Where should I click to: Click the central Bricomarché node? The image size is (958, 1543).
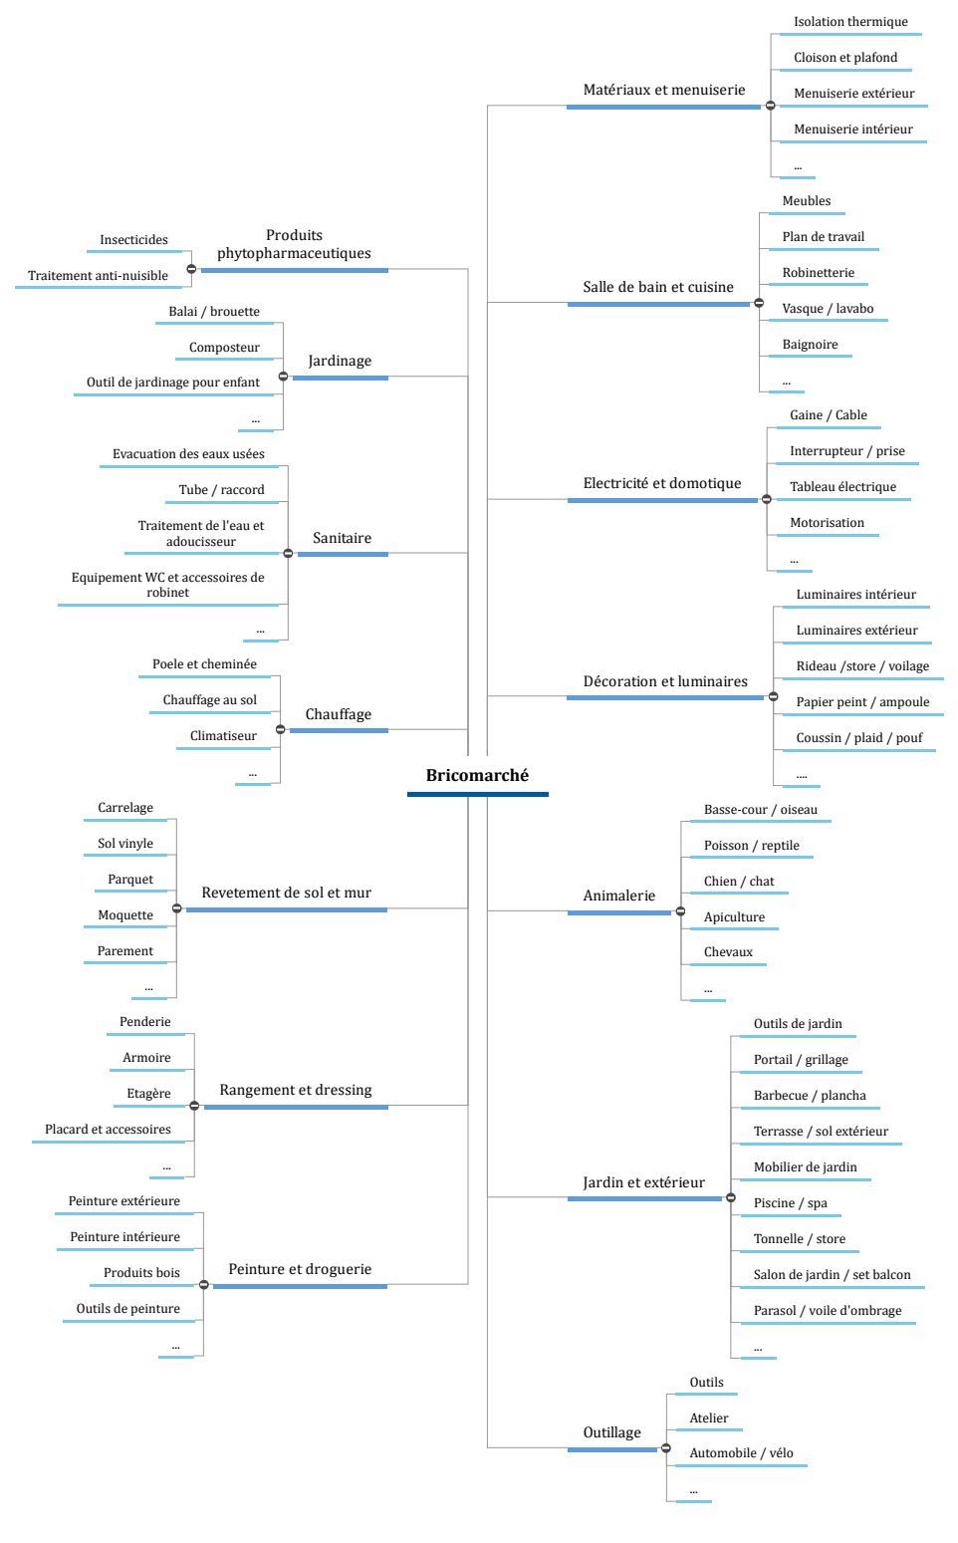477,775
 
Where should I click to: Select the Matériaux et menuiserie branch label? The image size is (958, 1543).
664,90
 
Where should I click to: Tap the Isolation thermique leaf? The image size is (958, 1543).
850,21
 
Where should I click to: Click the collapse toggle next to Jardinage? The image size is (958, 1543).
283,377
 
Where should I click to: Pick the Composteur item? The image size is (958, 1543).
224,348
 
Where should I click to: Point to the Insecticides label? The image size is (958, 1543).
133,240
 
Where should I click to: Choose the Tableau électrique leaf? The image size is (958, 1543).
843,486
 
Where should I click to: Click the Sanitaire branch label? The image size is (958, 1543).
342,537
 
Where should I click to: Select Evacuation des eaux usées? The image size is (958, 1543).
188,454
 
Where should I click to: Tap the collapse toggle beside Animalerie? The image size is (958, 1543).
680,910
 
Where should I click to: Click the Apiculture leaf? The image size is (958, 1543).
734,916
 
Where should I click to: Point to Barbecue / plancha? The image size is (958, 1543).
810,1096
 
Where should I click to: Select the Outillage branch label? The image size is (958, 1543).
611,1432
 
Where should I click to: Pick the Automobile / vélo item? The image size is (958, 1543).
741,1452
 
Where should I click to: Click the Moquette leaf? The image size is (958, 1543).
125,914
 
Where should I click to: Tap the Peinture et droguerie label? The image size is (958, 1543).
300,1269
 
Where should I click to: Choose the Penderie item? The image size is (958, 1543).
144,1022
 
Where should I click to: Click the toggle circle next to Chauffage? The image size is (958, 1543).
280,729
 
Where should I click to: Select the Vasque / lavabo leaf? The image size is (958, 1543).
828,309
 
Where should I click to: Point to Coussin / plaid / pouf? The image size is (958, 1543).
858,738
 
